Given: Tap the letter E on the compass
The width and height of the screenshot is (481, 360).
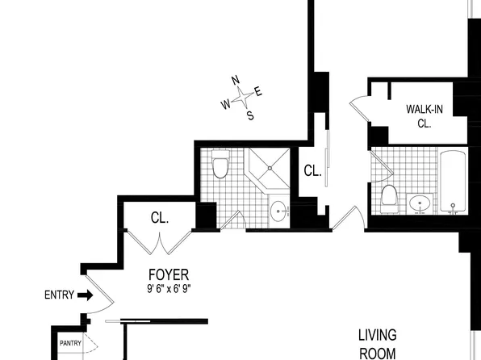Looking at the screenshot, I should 258,90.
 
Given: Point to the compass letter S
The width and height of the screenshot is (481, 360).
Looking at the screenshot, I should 249,115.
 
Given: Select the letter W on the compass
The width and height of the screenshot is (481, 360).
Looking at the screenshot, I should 226,104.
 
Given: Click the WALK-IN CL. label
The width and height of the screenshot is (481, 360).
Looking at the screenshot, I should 425,116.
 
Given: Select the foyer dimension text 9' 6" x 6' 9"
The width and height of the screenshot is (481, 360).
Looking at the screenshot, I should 169,288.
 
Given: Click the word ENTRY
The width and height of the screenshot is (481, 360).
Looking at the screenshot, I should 59,295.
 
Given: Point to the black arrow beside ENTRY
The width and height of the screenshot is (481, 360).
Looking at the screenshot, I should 85,295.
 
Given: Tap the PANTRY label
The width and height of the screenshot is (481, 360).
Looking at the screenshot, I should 70,343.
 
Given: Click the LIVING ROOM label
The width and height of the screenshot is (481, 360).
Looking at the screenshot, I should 377,342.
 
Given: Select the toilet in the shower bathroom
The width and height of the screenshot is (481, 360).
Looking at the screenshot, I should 220,166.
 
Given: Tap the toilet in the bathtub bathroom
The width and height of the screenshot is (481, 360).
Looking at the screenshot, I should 390,198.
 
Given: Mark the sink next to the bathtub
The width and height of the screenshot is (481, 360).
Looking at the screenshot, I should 419,203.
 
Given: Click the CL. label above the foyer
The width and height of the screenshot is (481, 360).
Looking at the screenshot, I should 159,218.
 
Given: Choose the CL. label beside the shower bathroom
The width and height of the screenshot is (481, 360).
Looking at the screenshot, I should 312,171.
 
